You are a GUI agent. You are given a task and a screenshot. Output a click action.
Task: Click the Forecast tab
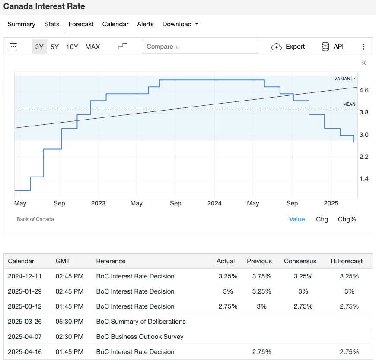81,24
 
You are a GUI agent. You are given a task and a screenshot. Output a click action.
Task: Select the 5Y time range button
54,47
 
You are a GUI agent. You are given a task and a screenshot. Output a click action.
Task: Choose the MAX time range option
92,47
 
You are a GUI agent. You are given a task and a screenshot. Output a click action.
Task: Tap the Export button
288,47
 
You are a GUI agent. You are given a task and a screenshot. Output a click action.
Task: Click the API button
332,47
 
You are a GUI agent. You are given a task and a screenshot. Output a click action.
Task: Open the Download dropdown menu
180,24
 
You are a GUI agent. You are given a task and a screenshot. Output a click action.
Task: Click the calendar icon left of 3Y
13,47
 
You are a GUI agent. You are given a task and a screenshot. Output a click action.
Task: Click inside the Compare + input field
200,47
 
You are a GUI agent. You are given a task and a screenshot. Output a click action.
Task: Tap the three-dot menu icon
363,47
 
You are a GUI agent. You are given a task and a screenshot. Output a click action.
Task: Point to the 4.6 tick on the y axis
363,90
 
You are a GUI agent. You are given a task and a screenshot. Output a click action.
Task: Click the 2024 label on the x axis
214,203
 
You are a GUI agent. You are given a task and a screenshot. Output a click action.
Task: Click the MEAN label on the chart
349,104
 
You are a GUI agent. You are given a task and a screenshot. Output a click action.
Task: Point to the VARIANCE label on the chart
345,79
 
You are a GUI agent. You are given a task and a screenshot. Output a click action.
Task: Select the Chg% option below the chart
347,219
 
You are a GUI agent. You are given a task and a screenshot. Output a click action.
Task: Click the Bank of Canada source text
35,219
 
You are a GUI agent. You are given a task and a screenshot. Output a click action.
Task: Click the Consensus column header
300,261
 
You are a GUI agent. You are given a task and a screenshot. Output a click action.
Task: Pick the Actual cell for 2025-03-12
227,306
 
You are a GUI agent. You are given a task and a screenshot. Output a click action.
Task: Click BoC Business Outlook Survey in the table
140,337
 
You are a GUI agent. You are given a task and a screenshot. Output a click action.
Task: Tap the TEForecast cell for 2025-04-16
349,352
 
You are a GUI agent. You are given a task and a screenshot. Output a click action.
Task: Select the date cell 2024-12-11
25,276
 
